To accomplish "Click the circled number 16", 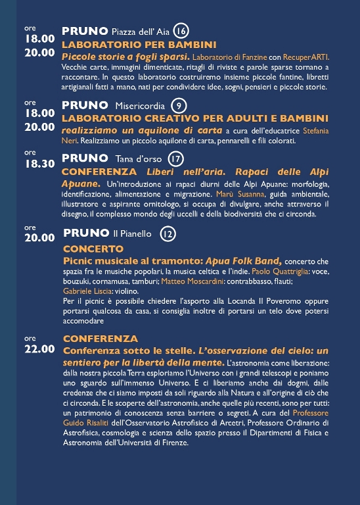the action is coord(181,31).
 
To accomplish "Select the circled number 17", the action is coord(175,158).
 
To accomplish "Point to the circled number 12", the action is coord(168,233).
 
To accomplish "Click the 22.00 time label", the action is coord(39,349).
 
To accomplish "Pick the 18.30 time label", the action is coord(39,164).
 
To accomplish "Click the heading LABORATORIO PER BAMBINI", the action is coord(139,45).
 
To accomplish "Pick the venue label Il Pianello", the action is coord(132,233).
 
